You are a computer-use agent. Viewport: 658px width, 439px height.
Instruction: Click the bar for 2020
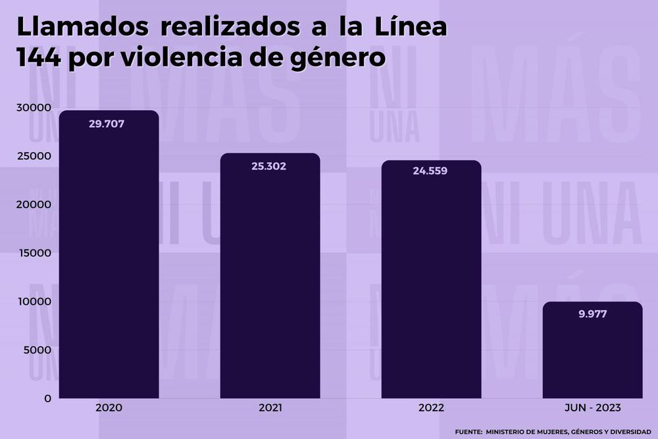coord(109,257)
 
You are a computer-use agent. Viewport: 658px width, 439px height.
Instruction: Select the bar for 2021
coord(270,276)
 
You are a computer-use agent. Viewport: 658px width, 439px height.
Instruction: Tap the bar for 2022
coord(431,280)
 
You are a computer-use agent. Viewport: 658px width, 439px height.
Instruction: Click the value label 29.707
coord(107,123)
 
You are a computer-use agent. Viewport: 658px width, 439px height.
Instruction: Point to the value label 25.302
coord(268,166)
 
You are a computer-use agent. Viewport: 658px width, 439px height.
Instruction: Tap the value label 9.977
coord(592,314)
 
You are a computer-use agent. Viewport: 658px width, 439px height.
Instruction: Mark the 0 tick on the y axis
coord(47,398)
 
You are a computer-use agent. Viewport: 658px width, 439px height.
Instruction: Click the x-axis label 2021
coord(270,409)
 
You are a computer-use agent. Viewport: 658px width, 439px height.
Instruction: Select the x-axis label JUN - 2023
coord(592,409)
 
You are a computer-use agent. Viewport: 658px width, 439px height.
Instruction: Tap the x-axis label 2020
coord(109,409)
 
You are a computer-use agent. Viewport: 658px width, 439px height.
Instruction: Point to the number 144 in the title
coord(39,59)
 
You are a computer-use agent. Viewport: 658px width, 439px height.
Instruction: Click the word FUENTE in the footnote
coord(468,432)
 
